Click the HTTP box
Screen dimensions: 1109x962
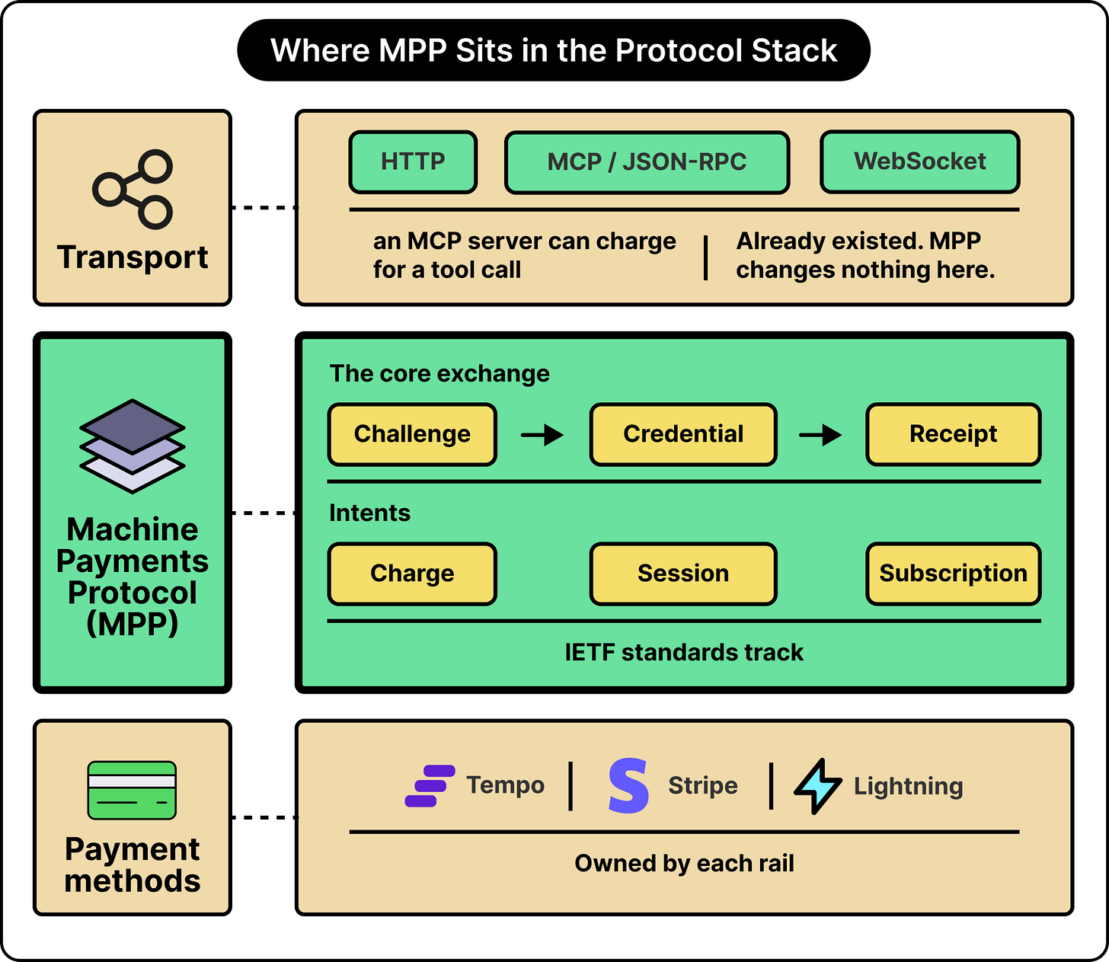(413, 161)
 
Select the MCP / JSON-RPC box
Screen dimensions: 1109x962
(647, 161)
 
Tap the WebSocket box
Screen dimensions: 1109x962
(920, 161)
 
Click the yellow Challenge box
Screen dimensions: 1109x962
(412, 434)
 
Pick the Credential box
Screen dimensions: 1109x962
(683, 434)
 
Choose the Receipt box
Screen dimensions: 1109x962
(953, 434)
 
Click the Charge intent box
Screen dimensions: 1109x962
(412, 574)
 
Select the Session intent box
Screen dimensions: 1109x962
(683, 574)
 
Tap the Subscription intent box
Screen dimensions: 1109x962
(953, 574)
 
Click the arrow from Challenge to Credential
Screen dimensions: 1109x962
(542, 434)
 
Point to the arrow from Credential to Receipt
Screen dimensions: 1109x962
(820, 434)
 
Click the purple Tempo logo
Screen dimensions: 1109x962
(430, 785)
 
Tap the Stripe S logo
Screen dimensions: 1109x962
(628, 785)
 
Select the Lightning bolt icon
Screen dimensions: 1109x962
(818, 786)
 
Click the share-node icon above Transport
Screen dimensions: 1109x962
(133, 189)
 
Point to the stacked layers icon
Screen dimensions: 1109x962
(133, 446)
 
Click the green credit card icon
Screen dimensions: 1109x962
(132, 790)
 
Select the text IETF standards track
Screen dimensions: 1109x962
(684, 652)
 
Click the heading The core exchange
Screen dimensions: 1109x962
(439, 373)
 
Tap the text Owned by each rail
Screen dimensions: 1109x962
(684, 863)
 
